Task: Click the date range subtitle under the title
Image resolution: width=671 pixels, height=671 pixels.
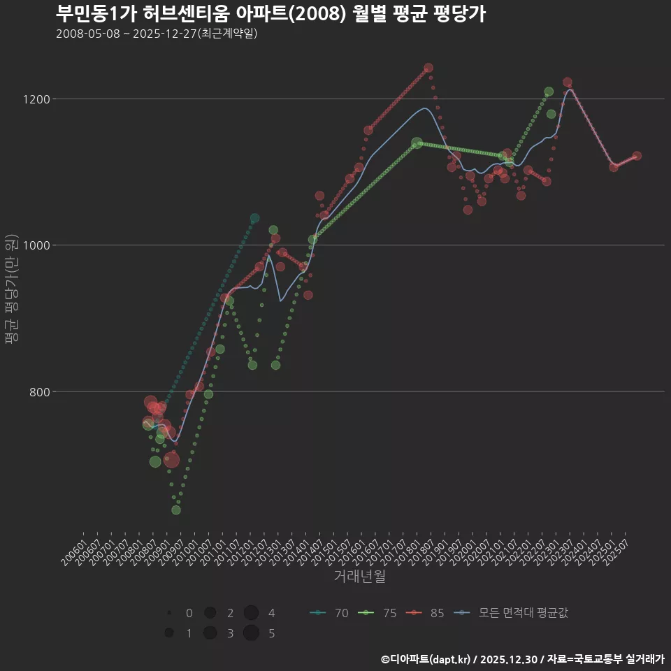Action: point(157,34)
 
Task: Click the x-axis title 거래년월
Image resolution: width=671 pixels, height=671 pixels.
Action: point(360,577)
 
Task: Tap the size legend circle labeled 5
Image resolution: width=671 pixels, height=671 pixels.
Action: point(252,633)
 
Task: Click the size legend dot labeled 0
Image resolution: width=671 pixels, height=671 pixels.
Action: point(169,613)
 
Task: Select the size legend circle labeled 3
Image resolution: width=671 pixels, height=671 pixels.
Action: point(210,633)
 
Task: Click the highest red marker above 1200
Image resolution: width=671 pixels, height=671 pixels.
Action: point(428,68)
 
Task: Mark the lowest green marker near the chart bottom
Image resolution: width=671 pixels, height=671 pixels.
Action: point(176,510)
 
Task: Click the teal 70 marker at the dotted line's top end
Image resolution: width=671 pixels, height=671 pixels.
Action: point(254,219)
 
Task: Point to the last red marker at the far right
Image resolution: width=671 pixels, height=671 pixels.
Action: point(637,156)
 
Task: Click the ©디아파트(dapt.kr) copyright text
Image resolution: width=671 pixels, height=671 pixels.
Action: point(426,659)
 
